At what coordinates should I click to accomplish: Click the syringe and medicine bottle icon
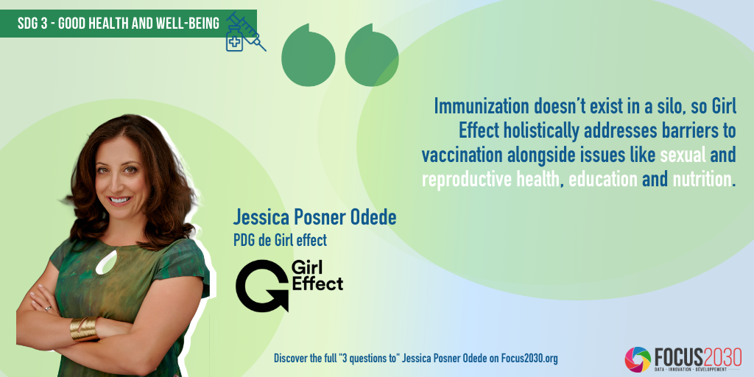pyautogui.click(x=245, y=32)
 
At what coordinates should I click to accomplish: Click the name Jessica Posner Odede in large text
pyautogui.click(x=314, y=217)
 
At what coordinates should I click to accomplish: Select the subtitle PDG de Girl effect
pyautogui.click(x=280, y=240)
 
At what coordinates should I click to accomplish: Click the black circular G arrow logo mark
pyautogui.click(x=262, y=286)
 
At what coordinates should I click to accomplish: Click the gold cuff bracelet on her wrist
pyautogui.click(x=84, y=329)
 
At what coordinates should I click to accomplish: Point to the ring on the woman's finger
pyautogui.click(x=47, y=309)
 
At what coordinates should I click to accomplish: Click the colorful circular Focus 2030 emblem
pyautogui.click(x=638, y=359)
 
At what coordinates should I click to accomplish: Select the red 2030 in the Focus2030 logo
pyautogui.click(x=720, y=357)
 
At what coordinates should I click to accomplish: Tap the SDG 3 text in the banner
pyautogui.click(x=32, y=23)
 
